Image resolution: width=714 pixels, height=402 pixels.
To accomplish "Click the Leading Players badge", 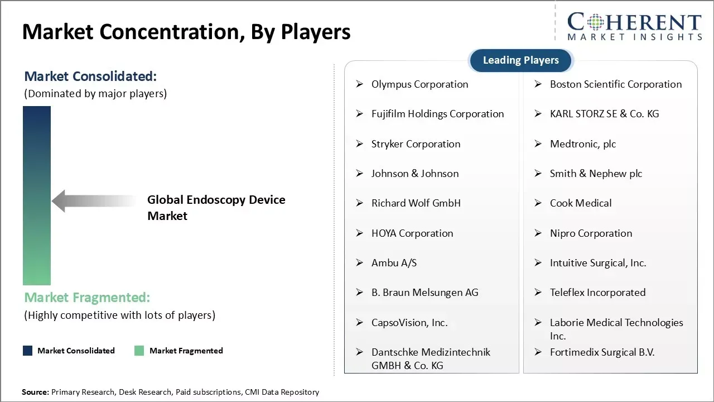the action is [521, 60].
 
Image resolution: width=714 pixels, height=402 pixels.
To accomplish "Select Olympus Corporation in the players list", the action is [419, 84].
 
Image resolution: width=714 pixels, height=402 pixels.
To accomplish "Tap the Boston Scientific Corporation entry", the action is [615, 84].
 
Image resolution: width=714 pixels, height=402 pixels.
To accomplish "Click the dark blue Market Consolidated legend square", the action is [28, 351].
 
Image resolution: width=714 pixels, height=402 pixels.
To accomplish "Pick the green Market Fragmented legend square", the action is [139, 351].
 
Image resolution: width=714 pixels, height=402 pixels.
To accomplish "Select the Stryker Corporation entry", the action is [416, 144].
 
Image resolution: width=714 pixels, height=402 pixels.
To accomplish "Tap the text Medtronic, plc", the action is [583, 144].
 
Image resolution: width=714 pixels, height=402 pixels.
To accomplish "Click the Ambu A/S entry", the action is [394, 263].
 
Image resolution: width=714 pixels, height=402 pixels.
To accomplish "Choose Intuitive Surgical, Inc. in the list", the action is [598, 263].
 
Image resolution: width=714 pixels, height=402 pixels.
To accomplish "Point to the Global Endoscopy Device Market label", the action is [216, 208].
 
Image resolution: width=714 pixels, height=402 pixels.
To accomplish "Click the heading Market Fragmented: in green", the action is [87, 298].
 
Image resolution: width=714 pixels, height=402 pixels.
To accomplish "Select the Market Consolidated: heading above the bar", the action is [90, 76].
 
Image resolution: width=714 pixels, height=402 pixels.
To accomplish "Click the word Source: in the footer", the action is [35, 392].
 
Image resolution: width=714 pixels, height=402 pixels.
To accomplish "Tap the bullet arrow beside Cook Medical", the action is [538, 203].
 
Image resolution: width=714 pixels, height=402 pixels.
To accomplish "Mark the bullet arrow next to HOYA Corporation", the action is [360, 233].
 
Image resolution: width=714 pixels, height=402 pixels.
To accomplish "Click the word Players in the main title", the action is [315, 32].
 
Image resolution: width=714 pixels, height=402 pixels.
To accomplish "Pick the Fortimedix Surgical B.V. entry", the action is [602, 352].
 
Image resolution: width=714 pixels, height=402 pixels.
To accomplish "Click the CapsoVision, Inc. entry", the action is [409, 323].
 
